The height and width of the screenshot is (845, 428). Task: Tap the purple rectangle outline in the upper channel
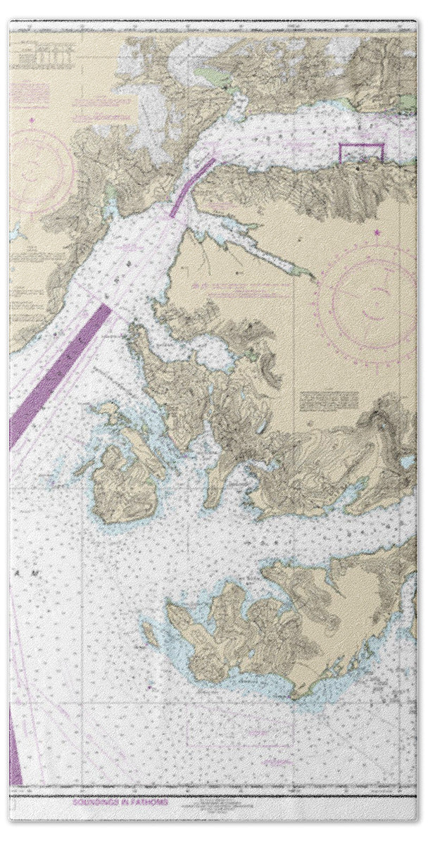coord(361,152)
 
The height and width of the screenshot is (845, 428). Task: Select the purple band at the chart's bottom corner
coord(15,746)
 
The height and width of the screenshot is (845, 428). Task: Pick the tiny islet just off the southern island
coord(149,627)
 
